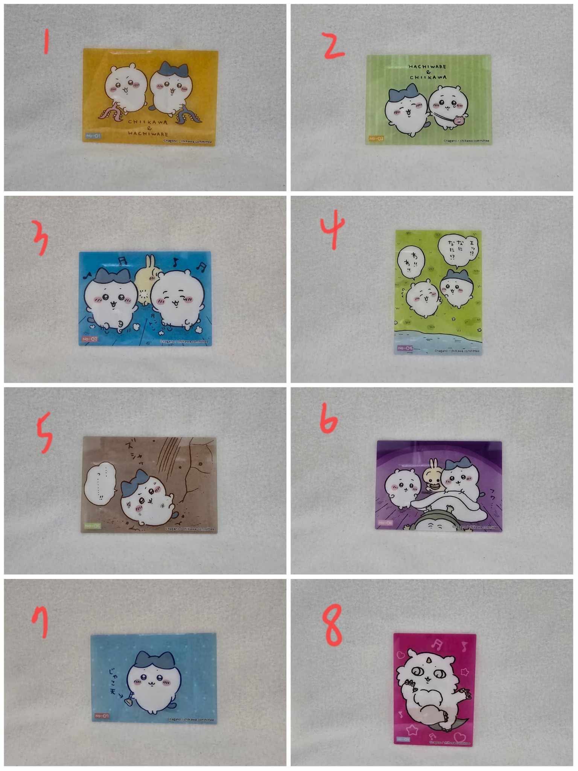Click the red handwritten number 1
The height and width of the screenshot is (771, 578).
[46, 41]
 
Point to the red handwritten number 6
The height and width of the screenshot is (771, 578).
[329, 419]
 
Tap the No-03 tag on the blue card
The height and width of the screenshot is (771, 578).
[90, 339]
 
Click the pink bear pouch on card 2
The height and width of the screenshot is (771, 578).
[459, 121]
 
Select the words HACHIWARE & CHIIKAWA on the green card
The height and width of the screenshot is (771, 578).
[428, 72]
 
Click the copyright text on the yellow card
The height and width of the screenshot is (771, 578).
[187, 142]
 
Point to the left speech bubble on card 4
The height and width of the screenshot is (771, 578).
[411, 260]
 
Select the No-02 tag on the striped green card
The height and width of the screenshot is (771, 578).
[376, 139]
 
